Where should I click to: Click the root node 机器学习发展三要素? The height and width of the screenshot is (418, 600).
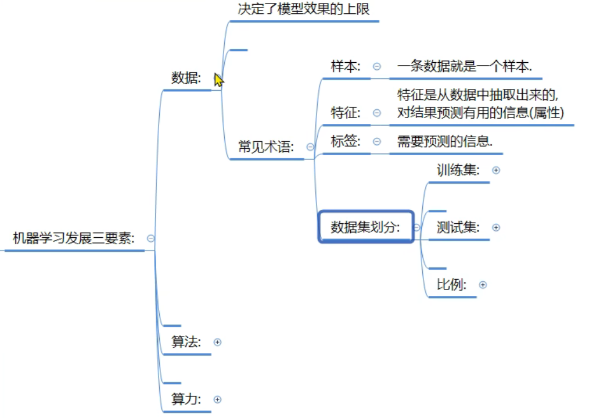point(74,238)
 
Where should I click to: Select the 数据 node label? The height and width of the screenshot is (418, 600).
point(186,78)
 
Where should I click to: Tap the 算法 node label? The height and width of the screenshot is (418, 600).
point(186,342)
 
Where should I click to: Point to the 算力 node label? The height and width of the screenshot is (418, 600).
point(186,399)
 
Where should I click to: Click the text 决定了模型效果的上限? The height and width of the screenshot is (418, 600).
point(304,9)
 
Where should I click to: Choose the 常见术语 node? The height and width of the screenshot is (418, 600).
point(267,147)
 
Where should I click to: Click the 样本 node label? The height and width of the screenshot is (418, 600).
point(346,66)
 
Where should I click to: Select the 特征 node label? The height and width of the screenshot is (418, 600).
point(346,112)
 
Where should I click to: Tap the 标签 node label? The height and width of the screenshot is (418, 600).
point(346,141)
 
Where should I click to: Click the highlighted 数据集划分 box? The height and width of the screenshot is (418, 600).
point(366,227)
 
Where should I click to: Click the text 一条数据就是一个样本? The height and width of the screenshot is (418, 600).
point(465,67)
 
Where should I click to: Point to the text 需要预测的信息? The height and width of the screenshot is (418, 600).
point(445,141)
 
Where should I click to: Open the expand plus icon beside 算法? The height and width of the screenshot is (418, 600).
point(218,342)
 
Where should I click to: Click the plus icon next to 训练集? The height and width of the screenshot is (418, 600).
point(496,170)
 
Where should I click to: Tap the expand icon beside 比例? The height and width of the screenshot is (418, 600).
point(483,285)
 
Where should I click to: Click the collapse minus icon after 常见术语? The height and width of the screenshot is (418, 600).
point(310,147)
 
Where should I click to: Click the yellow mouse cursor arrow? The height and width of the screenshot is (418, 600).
point(218,80)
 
